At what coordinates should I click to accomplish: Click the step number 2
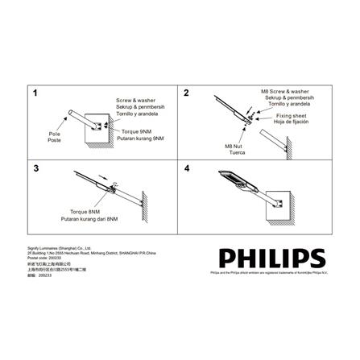[187, 93]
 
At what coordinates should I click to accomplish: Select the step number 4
[187, 169]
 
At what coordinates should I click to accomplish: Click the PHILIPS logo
[272, 258]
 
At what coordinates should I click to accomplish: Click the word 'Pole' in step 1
[54, 134]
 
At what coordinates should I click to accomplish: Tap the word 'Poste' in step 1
[54, 140]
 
